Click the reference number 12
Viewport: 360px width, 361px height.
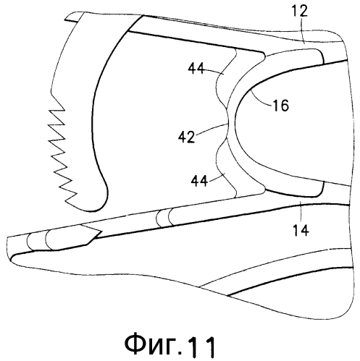(x=299, y=11)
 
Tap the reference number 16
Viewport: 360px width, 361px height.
(x=280, y=105)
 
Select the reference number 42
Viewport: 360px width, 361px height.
(x=186, y=137)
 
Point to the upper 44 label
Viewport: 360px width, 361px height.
(x=196, y=69)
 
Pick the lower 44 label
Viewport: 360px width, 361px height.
(x=199, y=180)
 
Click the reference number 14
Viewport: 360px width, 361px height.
(x=301, y=230)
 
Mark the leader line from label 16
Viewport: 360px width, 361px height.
(x=261, y=99)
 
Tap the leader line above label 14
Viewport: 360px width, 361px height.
(x=301, y=213)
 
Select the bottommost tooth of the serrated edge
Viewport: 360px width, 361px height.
(x=70, y=198)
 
